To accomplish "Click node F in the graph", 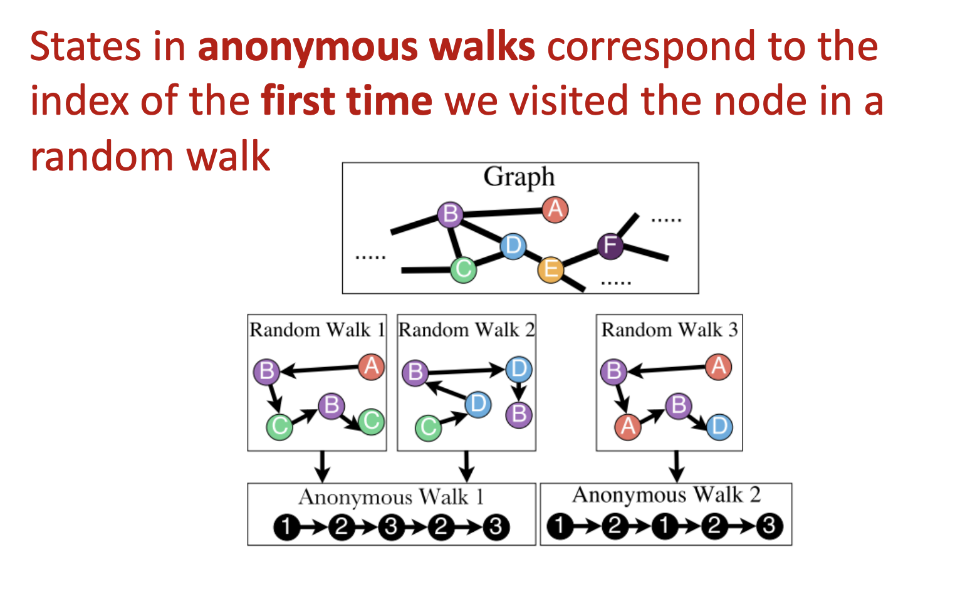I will point(610,246).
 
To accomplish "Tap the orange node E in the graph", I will point(551,269).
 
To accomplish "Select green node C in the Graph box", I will point(464,269).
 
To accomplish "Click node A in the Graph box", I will point(555,209).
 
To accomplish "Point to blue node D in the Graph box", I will point(513,246).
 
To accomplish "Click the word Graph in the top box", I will point(519,177).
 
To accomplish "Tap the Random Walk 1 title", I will point(317,330).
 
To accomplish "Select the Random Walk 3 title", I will point(669,330).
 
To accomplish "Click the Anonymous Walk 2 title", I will point(666,495).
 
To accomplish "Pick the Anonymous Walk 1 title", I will point(391,497).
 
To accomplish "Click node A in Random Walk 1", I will point(371,367).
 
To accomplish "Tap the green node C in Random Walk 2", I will point(429,427).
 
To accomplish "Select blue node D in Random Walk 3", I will point(719,427).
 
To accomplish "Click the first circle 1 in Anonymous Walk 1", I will point(286,527).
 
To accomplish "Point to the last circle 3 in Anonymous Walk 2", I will point(769,526).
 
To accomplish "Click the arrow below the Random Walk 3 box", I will point(676,466).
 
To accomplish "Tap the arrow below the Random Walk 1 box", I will point(322,466).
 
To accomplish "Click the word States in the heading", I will point(85,47).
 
